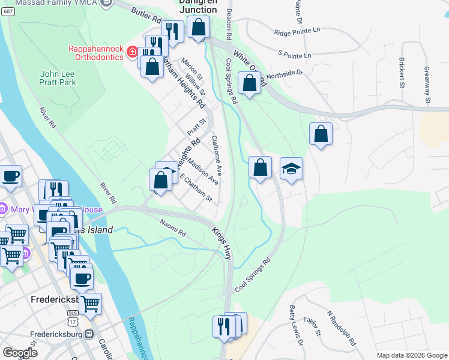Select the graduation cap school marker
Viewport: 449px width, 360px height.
(x=291, y=169)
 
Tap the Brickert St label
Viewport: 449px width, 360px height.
(x=402, y=73)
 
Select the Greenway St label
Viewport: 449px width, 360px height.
(x=427, y=85)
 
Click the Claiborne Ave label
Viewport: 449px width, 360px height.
(x=217, y=155)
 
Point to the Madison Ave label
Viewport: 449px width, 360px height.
(x=202, y=171)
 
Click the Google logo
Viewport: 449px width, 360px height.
(x=20, y=353)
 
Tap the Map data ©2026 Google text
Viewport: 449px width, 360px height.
(x=411, y=355)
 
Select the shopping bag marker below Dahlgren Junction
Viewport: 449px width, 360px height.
(x=198, y=27)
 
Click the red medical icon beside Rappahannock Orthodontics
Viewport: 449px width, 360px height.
(x=132, y=53)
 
